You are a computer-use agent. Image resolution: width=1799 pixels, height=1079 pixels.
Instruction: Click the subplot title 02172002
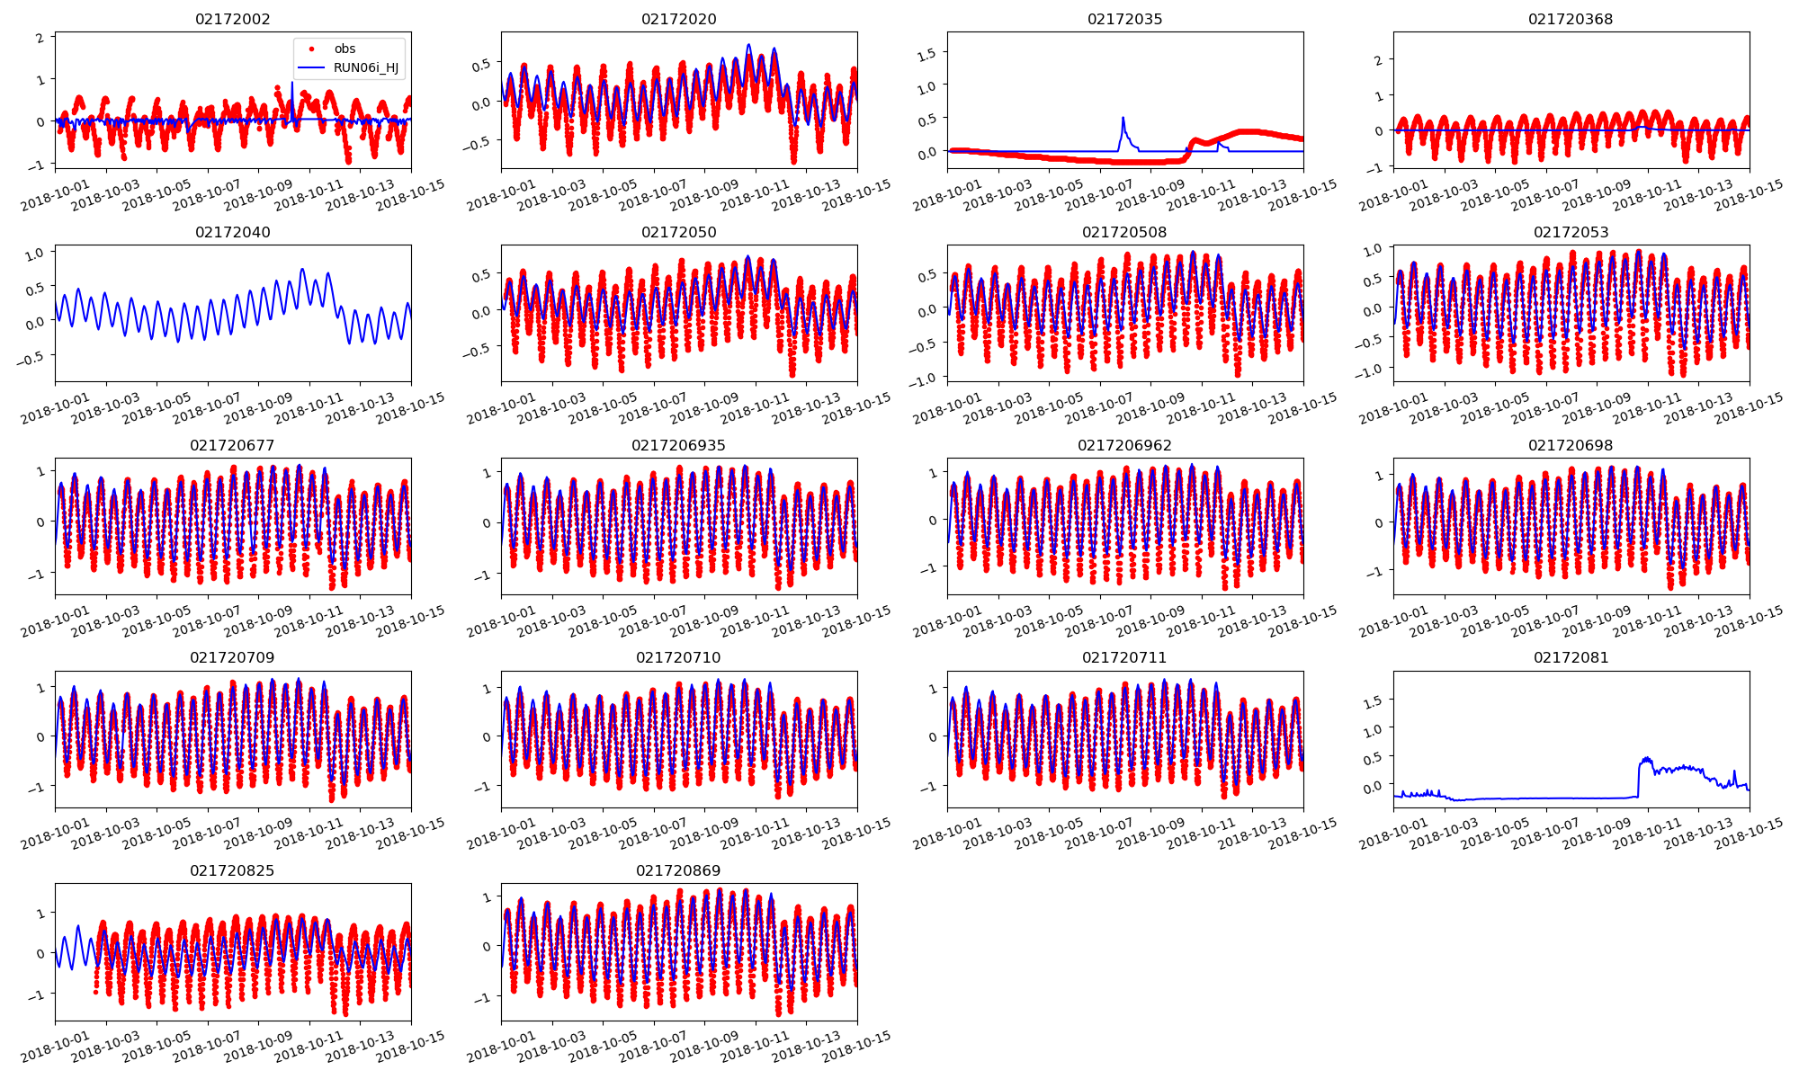pos(232,19)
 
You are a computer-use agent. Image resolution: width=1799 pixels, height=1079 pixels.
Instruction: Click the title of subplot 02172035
pos(1124,19)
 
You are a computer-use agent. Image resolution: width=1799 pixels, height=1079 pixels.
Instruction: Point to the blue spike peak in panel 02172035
pos(1123,118)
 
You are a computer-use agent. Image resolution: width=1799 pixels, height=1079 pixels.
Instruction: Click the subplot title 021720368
pos(1571,19)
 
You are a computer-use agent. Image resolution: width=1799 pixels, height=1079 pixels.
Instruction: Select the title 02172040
pos(232,232)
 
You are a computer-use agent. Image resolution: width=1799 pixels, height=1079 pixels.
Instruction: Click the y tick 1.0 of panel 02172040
pos(34,255)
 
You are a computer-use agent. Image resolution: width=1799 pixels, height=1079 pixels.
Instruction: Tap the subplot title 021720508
pos(1124,232)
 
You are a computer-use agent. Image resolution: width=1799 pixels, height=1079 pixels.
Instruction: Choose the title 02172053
pos(1571,232)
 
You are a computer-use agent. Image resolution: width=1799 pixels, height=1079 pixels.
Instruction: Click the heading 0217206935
pos(678,445)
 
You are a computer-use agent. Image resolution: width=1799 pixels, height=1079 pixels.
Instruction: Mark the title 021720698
pos(1571,445)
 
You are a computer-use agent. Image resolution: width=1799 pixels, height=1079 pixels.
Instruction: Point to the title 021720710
pos(678,657)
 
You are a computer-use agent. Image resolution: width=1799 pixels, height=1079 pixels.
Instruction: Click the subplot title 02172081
pos(1571,657)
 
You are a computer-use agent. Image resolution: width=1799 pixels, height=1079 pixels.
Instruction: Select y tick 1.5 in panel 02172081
pos(1374,700)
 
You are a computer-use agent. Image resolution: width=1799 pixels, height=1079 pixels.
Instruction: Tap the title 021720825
pos(232,870)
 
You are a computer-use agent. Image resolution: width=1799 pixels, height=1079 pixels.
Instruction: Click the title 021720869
pos(678,870)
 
